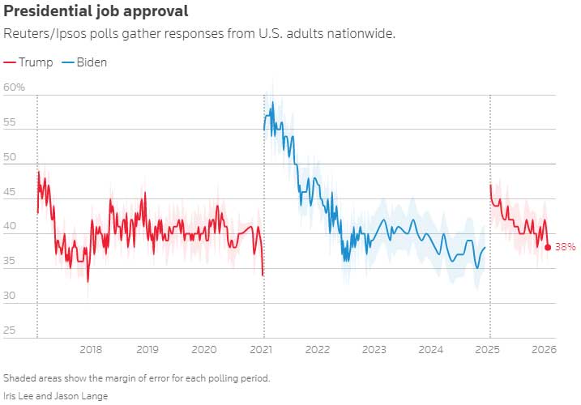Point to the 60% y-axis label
(x=15, y=87)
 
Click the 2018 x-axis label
(x=91, y=349)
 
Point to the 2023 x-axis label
(x=374, y=349)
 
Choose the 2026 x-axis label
(x=542, y=349)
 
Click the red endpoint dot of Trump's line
(x=548, y=247)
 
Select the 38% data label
(x=565, y=247)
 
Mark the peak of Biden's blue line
(x=272, y=102)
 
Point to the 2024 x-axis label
(x=431, y=349)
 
